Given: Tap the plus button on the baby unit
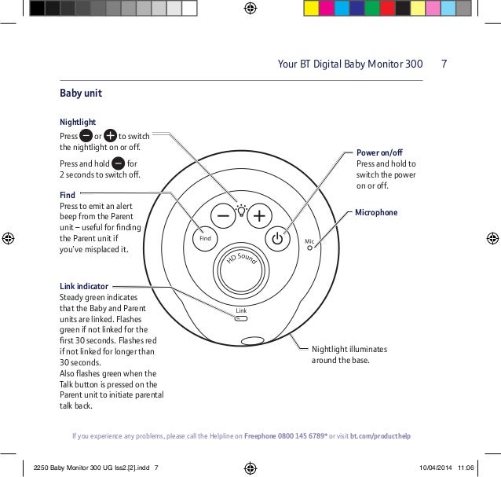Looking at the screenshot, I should click(258, 215).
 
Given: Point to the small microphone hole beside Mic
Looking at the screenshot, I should click(311, 248).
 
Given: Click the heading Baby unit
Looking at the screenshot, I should click(81, 94).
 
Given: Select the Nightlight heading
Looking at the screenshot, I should click(78, 123).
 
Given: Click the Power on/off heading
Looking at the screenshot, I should click(380, 151).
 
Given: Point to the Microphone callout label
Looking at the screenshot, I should click(378, 212).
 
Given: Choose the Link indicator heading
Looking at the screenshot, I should click(84, 287).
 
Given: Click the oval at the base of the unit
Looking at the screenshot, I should click(252, 341).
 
